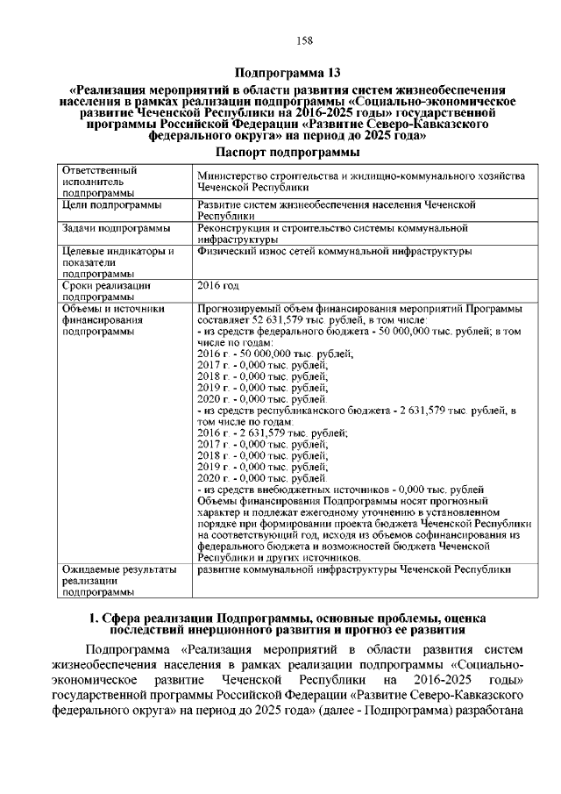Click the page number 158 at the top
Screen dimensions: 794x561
coord(280,40)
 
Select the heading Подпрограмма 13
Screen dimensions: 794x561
coord(280,72)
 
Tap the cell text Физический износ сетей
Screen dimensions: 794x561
coord(335,251)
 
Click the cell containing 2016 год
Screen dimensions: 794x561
coord(219,286)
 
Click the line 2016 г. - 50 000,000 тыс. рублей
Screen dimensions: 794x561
coord(275,354)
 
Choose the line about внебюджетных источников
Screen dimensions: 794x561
coord(342,489)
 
